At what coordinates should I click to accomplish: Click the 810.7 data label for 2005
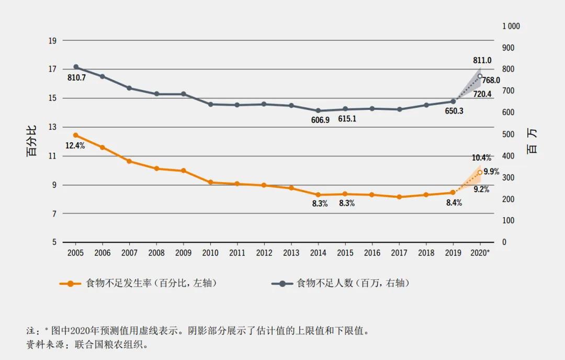(x=76, y=77)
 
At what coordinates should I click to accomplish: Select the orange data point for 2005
(x=76, y=135)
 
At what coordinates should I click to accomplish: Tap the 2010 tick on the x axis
(x=210, y=253)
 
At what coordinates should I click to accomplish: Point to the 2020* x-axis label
(x=480, y=253)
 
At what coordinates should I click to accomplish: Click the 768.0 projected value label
(x=491, y=80)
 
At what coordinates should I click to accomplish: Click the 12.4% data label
(x=75, y=146)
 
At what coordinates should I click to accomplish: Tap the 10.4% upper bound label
(x=481, y=157)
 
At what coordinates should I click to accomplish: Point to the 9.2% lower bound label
(x=481, y=189)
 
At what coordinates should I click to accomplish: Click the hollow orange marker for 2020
(x=480, y=172)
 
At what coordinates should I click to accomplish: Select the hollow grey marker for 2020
(x=480, y=76)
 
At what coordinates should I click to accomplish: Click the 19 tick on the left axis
(x=52, y=40)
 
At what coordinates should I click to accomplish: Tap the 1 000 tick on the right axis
(x=511, y=26)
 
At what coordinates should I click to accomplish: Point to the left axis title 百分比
(x=32, y=141)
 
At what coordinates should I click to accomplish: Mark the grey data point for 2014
(x=318, y=110)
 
